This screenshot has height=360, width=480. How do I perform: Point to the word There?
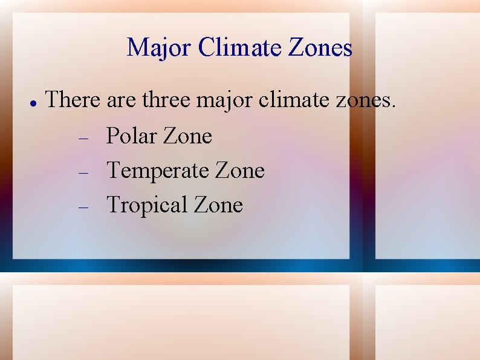73,99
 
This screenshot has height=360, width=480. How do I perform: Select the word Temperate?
157,171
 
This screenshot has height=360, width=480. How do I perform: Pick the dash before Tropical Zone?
84,207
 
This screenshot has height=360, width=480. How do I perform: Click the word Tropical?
147,206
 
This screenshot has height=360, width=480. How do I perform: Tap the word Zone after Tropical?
218,205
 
